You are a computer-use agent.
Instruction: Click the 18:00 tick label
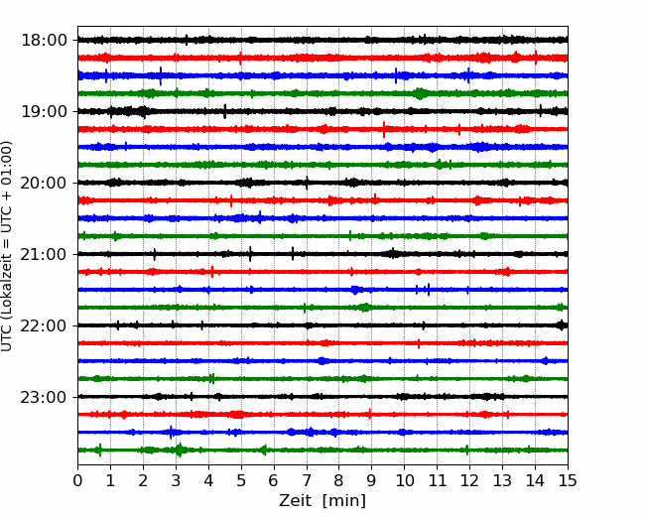point(44,41)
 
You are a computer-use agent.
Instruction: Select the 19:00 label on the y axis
point(44,111)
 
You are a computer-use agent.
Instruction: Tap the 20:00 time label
point(44,183)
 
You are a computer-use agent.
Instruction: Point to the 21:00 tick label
point(44,254)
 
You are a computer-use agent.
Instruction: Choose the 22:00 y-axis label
point(44,325)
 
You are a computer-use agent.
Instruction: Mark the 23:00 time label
point(44,397)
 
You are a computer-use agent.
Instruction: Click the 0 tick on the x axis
point(77,480)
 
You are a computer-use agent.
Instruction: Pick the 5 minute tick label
point(241,480)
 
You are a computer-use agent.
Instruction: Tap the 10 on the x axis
point(404,480)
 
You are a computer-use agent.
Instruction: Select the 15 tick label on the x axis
point(568,480)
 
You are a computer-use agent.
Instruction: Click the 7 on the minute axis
point(307,480)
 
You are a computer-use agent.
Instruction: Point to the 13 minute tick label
point(502,480)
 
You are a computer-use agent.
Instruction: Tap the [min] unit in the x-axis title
point(344,501)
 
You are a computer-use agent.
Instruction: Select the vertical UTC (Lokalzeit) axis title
point(7,246)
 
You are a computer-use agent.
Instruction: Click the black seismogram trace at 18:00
point(322,40)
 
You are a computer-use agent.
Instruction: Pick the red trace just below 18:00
point(322,58)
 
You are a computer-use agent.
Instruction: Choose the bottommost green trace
point(322,451)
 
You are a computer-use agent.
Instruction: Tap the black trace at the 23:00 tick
point(322,397)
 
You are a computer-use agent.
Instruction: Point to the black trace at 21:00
point(322,254)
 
